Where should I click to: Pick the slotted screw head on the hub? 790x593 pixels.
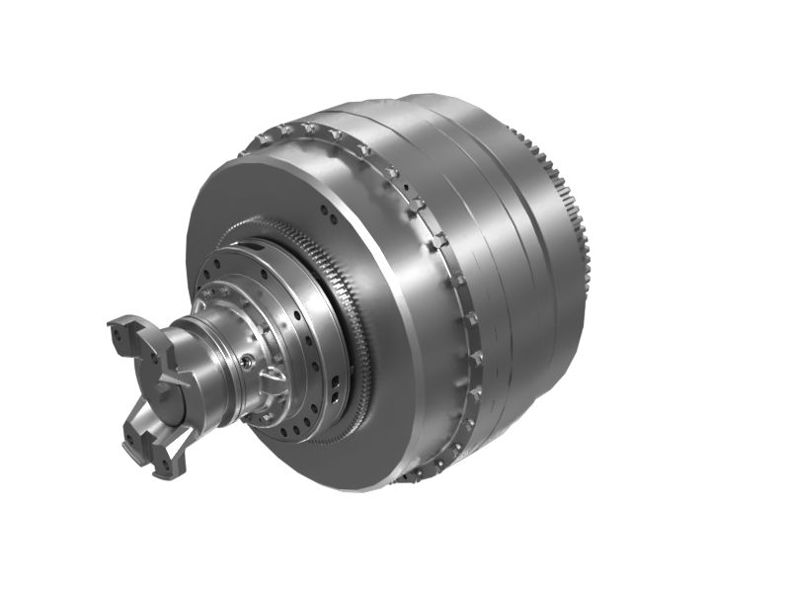coord(273,377)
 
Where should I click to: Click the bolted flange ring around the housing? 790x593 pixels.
coord(434,247)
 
